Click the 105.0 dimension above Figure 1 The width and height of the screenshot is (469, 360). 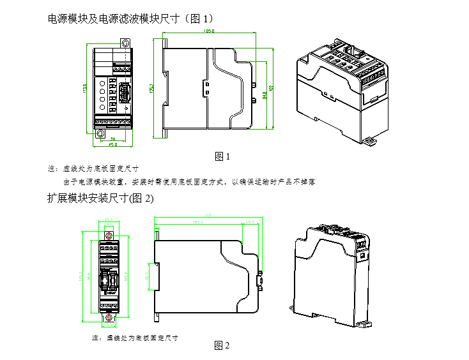[x=208, y=31]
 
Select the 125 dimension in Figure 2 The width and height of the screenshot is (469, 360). [x=207, y=215]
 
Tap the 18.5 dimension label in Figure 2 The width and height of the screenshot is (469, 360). [x=250, y=223]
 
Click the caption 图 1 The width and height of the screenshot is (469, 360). [x=222, y=156]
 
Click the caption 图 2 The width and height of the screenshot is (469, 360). [x=222, y=345]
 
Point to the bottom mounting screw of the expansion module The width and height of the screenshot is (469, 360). [x=109, y=317]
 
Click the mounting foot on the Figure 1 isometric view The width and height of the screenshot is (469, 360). [x=369, y=140]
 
